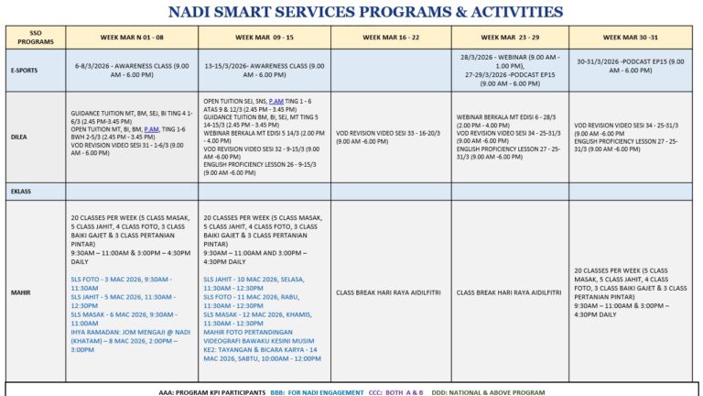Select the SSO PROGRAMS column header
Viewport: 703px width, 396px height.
pyautogui.click(x=35, y=37)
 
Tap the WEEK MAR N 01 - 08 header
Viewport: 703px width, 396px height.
pyautogui.click(x=132, y=37)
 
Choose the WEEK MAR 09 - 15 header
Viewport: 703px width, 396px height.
pyautogui.click(x=264, y=37)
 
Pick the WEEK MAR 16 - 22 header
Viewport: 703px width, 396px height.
pyautogui.click(x=391, y=37)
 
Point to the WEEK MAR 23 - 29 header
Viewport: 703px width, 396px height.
pyautogui.click(x=510, y=37)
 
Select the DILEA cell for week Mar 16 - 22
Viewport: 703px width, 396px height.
pyautogui.click(x=391, y=138)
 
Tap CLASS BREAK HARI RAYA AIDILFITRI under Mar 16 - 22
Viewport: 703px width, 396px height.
pyautogui.click(x=391, y=292)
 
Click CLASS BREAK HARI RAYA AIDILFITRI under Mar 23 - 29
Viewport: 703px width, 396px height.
pyautogui.click(x=509, y=292)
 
